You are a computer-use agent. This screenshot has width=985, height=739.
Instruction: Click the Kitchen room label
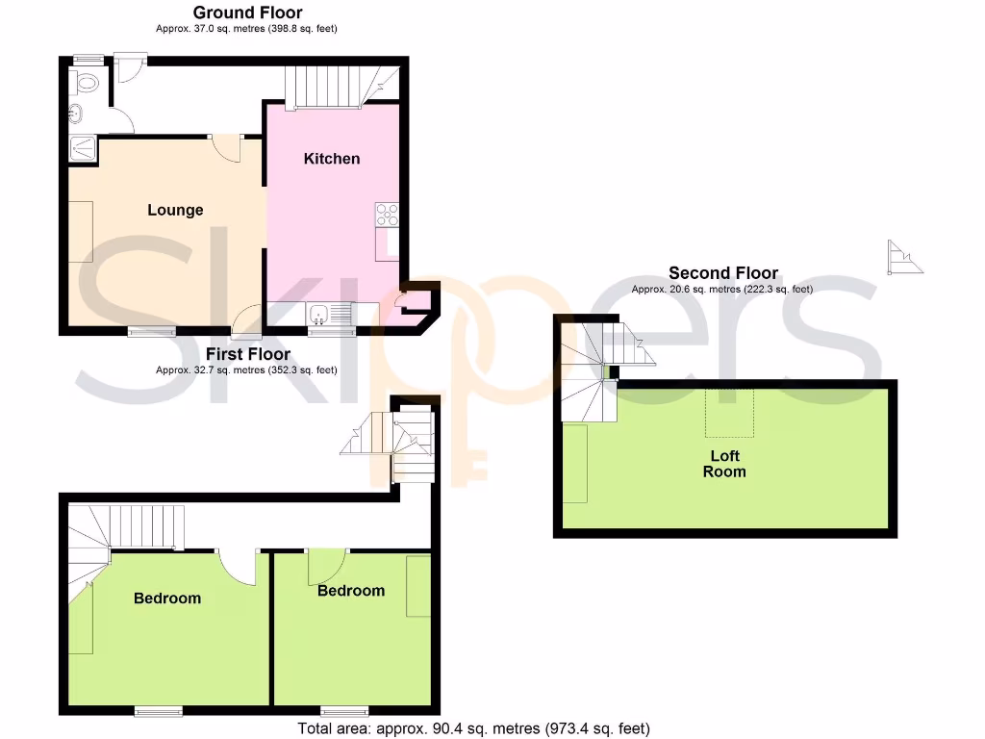coord(332,159)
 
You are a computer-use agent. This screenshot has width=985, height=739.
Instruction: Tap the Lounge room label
coord(175,210)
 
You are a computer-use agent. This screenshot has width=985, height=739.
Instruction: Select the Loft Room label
coord(724,464)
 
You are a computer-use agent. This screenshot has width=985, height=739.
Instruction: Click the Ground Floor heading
coord(247,13)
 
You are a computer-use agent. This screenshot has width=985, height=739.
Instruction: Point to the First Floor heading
coord(247,355)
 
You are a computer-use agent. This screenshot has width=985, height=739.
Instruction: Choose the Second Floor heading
coord(723,273)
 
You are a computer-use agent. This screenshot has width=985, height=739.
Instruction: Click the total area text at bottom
coord(474,728)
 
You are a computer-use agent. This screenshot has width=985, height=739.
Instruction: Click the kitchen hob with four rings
coord(388,214)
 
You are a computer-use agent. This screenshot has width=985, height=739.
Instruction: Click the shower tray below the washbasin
coord(83,148)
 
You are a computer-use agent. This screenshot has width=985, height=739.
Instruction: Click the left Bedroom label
coord(167,599)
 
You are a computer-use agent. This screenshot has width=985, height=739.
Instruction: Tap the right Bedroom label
coord(351,591)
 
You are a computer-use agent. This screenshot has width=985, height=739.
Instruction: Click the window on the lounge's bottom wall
coord(152,332)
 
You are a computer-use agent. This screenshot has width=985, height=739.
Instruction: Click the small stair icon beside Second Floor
coord(905,257)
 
